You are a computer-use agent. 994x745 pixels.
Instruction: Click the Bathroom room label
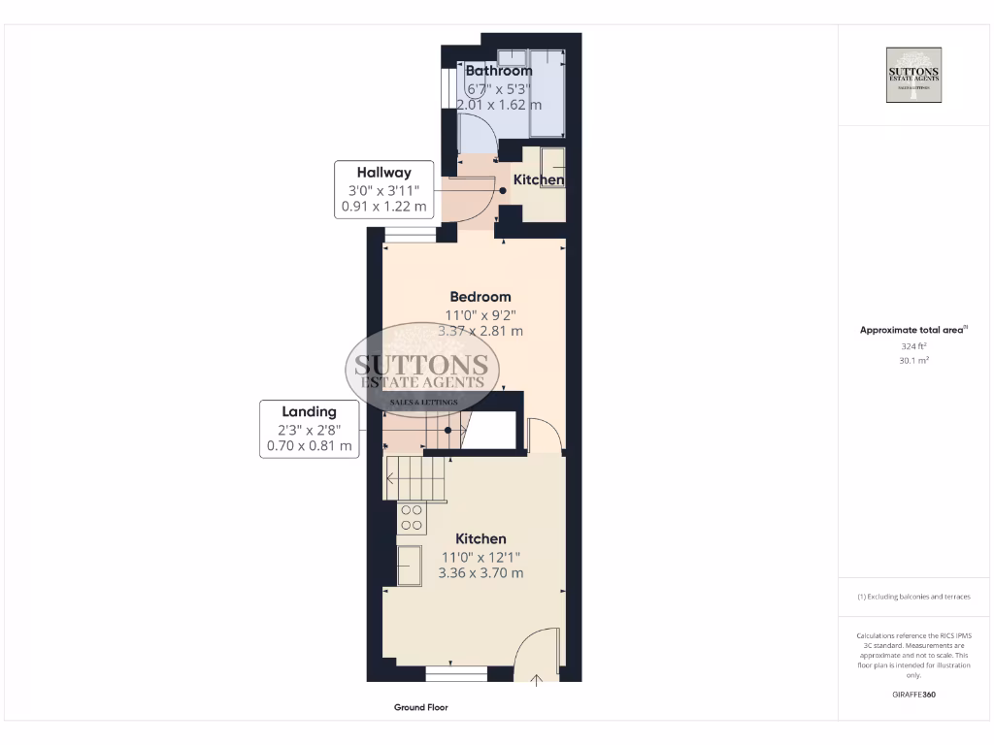[x=499, y=71]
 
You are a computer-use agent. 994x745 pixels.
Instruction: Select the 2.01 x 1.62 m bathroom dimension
[x=499, y=105]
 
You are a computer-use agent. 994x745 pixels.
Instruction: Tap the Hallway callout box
[x=383, y=189]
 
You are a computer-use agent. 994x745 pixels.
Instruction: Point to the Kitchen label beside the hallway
[x=539, y=180]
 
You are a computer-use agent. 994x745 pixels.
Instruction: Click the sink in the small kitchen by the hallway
[x=552, y=161]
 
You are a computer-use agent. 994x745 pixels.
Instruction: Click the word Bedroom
[x=480, y=297]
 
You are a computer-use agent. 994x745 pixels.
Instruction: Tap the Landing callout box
[x=310, y=429]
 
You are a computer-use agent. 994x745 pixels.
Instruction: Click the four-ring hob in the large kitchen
[x=412, y=518]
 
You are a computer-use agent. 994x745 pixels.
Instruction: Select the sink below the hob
[x=410, y=565]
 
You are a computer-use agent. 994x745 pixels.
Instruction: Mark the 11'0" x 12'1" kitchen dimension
[x=480, y=557]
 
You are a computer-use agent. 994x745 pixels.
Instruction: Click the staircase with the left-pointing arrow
[x=415, y=477]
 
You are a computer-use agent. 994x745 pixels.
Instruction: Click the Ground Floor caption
[x=420, y=708]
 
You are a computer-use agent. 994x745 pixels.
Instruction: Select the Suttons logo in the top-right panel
[x=913, y=75]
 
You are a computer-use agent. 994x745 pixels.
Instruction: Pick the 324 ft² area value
[x=913, y=345]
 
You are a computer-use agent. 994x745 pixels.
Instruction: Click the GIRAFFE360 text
[x=913, y=695]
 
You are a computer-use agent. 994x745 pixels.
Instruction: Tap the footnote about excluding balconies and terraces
[x=913, y=597]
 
